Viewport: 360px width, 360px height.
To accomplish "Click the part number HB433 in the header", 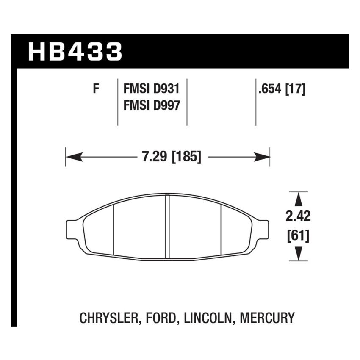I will click(75, 52).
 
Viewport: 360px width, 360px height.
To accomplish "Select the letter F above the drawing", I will click(96, 89).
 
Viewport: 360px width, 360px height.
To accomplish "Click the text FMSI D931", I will click(152, 89).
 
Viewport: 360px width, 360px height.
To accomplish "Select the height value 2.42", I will click(299, 216).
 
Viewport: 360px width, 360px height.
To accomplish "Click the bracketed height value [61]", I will click(299, 235).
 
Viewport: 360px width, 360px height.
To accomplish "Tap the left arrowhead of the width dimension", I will click(72, 158).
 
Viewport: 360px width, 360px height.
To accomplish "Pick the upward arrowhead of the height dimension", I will click(299, 198).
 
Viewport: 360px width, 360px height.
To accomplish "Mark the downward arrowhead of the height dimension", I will click(299, 254).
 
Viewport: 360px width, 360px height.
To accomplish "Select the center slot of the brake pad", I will click(167, 227).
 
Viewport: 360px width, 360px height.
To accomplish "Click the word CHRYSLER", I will click(108, 318).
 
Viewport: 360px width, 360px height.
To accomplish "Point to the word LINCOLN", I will click(208, 318).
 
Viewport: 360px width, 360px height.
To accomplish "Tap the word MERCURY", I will click(267, 318).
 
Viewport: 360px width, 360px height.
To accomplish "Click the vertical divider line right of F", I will click(117, 102).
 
